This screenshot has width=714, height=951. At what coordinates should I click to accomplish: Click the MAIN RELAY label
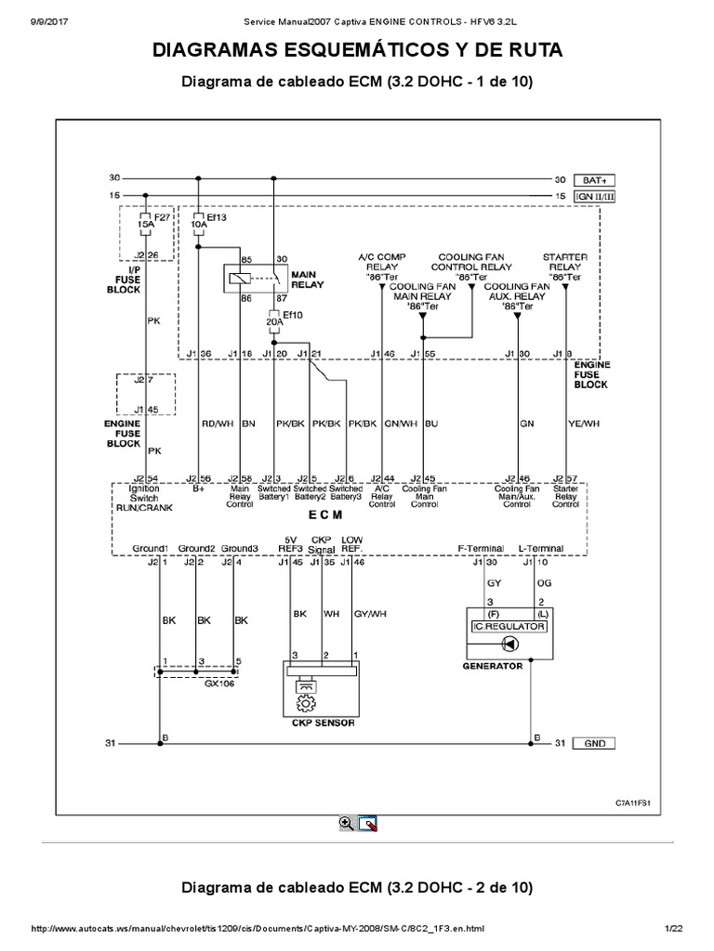(x=308, y=280)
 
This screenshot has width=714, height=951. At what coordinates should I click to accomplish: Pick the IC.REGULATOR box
(x=509, y=627)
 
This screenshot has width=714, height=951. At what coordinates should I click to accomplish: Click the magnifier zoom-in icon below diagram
(x=346, y=822)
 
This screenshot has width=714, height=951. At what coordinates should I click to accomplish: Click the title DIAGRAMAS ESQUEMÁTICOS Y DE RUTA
(x=357, y=50)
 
